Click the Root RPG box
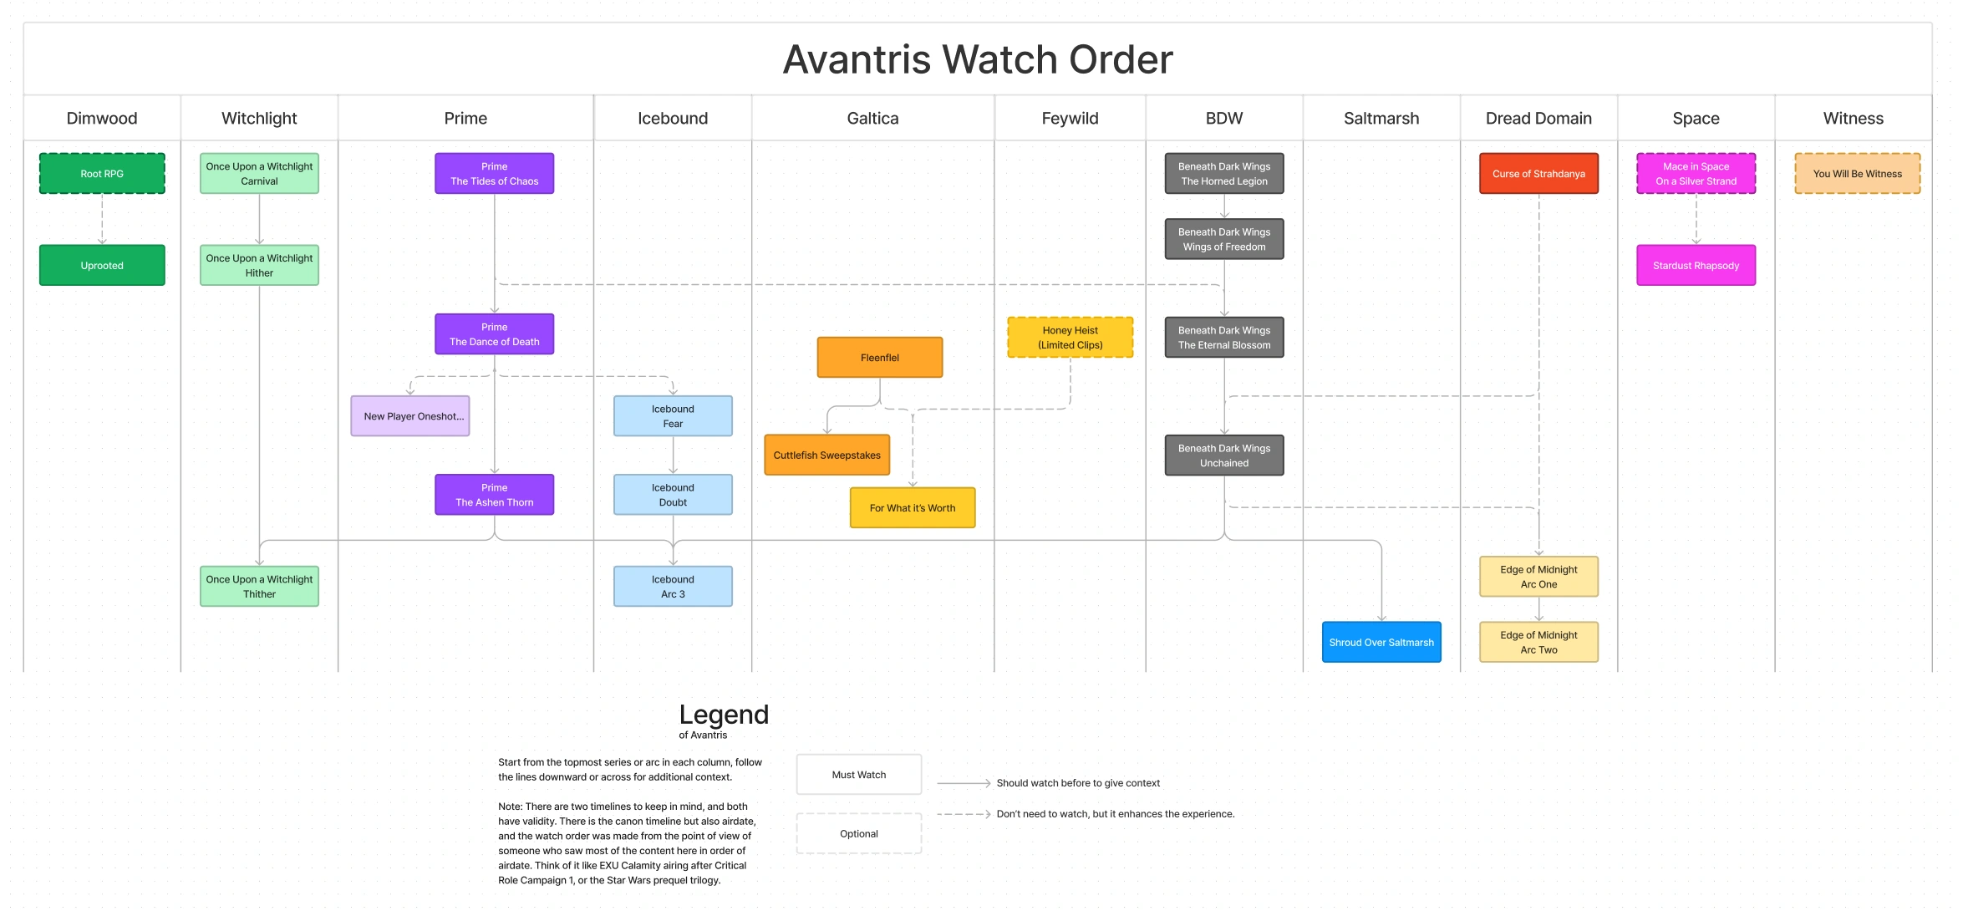coord(102,174)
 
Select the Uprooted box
coord(102,266)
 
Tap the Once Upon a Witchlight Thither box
coord(259,587)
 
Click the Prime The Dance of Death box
coord(494,334)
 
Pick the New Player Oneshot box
coord(410,416)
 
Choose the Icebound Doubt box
coord(673,495)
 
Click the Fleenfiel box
coord(880,358)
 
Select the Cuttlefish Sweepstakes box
coord(826,455)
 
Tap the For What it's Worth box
coord(913,508)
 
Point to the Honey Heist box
coord(1070,338)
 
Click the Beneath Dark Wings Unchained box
coord(1224,455)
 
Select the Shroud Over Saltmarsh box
coord(1381,643)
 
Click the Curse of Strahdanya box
coord(1538,174)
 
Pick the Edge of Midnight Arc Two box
coord(1538,643)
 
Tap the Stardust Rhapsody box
coord(1696,266)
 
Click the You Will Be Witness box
coord(1857,174)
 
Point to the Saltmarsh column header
coord(1381,119)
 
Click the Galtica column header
coord(872,119)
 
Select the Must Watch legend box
coord(859,775)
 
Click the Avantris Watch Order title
coord(978,60)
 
